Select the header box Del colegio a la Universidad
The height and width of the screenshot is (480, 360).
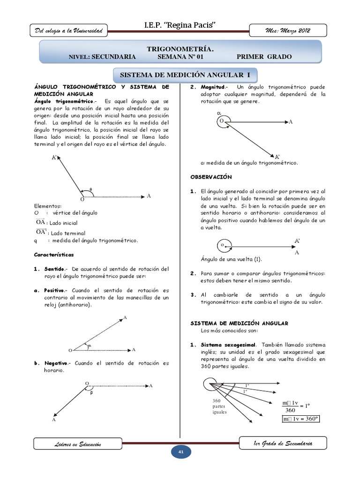click(x=69, y=31)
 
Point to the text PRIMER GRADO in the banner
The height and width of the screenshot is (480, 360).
click(x=264, y=57)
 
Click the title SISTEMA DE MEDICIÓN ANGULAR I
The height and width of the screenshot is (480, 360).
click(x=186, y=75)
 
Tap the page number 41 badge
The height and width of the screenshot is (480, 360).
click(x=180, y=451)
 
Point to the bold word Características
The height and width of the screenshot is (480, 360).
click(x=53, y=255)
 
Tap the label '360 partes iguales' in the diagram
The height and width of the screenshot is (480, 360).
click(x=219, y=406)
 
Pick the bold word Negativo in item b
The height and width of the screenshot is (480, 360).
click(x=57, y=363)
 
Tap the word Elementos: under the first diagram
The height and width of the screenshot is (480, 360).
click(x=48, y=205)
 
